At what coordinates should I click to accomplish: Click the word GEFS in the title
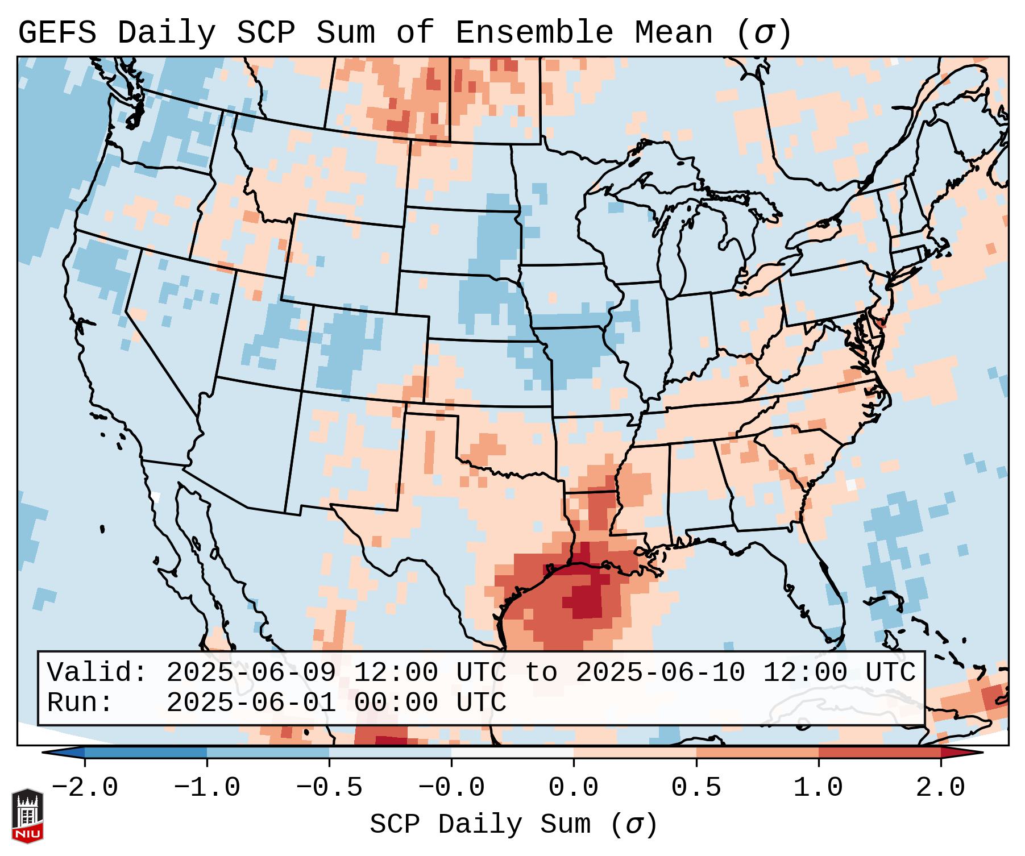point(57,32)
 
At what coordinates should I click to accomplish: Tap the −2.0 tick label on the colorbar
point(85,788)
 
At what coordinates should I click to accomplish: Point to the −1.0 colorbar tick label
point(207,788)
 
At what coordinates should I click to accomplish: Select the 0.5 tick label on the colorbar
point(696,788)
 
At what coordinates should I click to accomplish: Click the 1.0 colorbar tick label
point(819,788)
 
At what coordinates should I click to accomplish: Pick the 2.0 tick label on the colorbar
point(941,788)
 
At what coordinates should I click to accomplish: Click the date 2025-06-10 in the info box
point(660,673)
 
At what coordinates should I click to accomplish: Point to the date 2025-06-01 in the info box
point(251,703)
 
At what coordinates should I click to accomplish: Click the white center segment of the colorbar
point(512,753)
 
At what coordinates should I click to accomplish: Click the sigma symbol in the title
point(763,32)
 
